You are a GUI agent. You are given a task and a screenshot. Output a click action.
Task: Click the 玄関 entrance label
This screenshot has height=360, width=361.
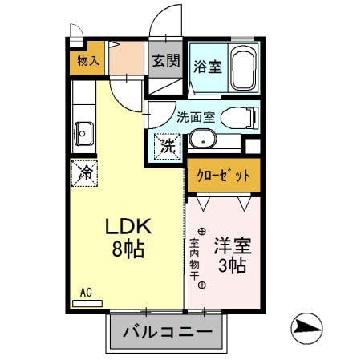165,60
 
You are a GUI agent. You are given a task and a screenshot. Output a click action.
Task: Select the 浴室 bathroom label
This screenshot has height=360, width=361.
207,67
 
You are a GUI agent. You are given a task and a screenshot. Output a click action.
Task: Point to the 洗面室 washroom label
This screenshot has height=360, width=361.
196,116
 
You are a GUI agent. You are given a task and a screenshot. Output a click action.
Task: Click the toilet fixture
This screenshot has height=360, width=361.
237,116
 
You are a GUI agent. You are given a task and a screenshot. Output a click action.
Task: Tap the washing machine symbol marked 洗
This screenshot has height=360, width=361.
167,145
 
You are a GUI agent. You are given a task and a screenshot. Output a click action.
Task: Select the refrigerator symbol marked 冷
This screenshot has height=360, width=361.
83,172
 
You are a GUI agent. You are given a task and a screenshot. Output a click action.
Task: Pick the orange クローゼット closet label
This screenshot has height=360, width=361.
223,174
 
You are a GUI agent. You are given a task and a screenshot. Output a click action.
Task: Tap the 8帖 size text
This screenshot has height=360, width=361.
128,249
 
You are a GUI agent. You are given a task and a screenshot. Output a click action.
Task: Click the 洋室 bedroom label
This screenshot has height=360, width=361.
231,244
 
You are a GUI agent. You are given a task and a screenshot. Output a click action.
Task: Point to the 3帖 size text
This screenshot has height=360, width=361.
231,265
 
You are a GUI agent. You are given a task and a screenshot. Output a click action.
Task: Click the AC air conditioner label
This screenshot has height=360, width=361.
85,292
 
